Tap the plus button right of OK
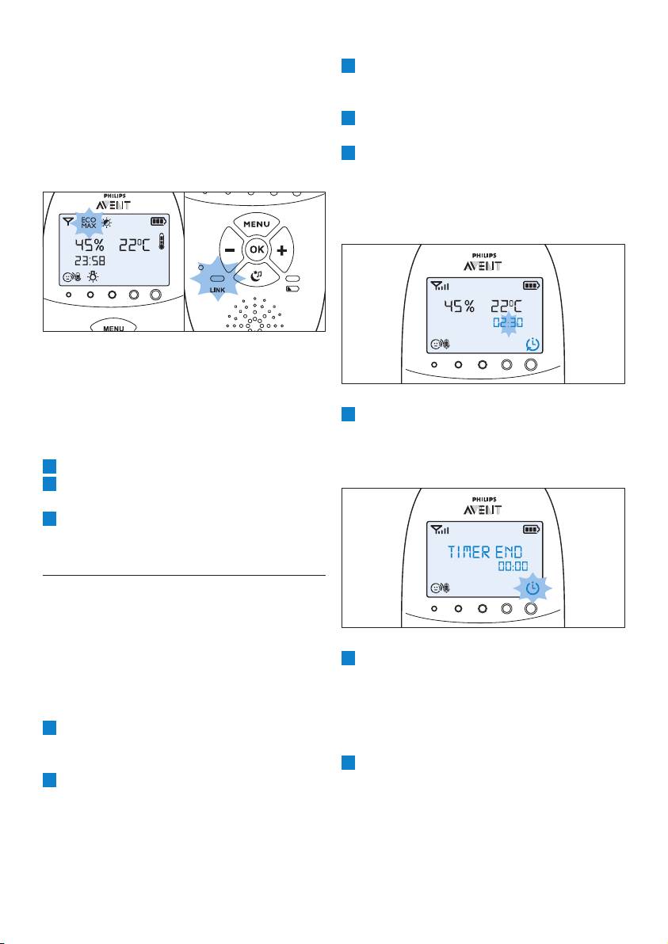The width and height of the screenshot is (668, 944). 281,249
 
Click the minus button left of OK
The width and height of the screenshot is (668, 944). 231,249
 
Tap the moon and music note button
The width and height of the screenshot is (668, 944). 257,276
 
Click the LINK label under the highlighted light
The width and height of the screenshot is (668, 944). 217,290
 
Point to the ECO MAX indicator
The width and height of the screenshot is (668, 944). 89,223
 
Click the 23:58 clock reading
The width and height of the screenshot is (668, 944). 90,261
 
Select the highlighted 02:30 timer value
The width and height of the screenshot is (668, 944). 508,322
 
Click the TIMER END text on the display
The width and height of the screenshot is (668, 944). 485,551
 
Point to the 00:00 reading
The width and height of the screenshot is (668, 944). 513,566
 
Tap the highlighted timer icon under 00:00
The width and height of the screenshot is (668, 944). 532,588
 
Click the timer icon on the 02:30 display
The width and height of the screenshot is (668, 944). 532,344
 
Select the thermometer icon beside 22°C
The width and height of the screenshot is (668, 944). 161,242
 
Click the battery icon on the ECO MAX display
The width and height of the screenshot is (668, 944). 158,222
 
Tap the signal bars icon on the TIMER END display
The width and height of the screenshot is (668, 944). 440,530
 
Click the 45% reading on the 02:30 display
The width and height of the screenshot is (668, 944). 459,306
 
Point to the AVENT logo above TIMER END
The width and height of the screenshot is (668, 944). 483,509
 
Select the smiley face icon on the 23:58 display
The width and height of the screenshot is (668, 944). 67,277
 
